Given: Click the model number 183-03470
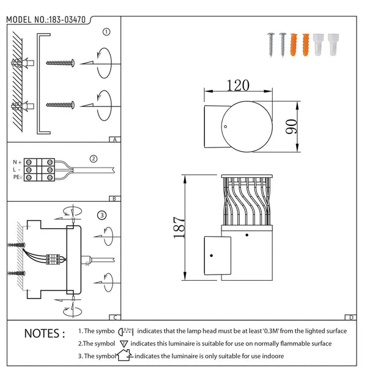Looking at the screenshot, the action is click(x=67, y=20).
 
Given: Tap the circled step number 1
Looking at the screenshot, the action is click(x=106, y=32).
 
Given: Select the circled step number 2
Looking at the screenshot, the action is click(x=94, y=158).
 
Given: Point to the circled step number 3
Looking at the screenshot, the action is click(x=102, y=215).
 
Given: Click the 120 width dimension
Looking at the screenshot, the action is click(x=238, y=85).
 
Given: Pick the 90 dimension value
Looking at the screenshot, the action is click(x=291, y=127).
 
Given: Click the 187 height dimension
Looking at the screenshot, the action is click(x=179, y=228).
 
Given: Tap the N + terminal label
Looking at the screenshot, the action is click(x=17, y=162).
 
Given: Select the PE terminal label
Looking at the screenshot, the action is click(x=18, y=177).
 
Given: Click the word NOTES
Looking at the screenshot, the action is click(x=45, y=333).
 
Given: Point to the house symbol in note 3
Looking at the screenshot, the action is click(x=125, y=355).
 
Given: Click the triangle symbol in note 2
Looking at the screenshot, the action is click(x=124, y=344).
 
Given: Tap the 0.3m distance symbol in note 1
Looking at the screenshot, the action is click(x=125, y=332).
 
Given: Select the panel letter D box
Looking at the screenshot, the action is click(x=350, y=317).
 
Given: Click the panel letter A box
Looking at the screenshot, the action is click(x=115, y=139).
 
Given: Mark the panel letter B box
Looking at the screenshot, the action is click(x=115, y=199).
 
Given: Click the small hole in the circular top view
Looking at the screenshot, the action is click(x=225, y=127).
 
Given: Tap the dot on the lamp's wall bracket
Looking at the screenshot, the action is click(x=212, y=255).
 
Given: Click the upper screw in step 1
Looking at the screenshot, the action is click(x=61, y=63).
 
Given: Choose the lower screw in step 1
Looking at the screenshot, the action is click(x=61, y=105).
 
